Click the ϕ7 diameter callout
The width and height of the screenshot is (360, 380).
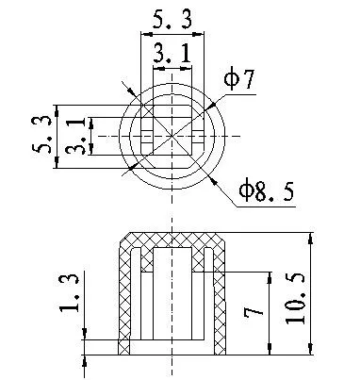(x=239, y=80)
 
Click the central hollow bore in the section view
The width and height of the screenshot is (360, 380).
(x=171, y=302)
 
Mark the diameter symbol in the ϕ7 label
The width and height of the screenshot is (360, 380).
(x=231, y=80)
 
